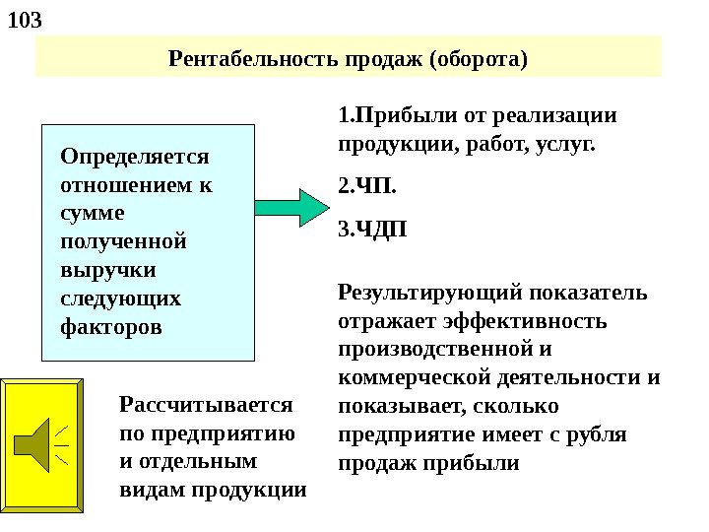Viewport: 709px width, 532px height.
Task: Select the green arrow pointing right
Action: tap(294, 206)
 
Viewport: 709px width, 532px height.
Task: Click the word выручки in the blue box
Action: tap(100, 269)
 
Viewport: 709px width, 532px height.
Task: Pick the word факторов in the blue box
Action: tap(111, 325)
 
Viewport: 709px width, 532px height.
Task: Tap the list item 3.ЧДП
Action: tap(371, 231)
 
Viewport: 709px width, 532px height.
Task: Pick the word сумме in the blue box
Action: tap(92, 212)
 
